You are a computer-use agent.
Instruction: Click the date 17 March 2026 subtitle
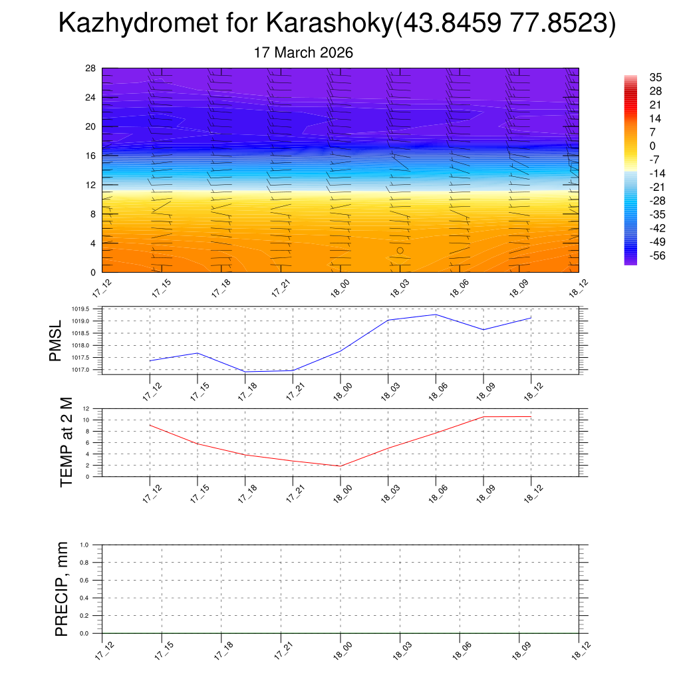tap(303, 53)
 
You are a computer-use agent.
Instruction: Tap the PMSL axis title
tap(55, 340)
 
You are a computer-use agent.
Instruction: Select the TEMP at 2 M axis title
tap(66, 442)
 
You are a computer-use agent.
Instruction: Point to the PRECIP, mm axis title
tap(61, 589)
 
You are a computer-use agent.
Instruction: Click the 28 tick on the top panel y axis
tap(90, 68)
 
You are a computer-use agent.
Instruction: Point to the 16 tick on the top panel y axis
tap(90, 156)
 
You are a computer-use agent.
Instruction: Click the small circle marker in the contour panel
tap(400, 251)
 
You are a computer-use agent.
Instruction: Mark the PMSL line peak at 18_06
tap(436, 315)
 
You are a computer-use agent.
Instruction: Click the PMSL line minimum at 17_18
tap(245, 372)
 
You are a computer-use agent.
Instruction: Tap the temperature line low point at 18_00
tap(340, 466)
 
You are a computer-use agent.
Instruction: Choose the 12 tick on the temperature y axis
tap(86, 408)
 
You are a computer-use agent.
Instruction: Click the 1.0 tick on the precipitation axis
tap(84, 545)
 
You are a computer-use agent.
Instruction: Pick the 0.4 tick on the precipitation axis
tap(84, 598)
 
